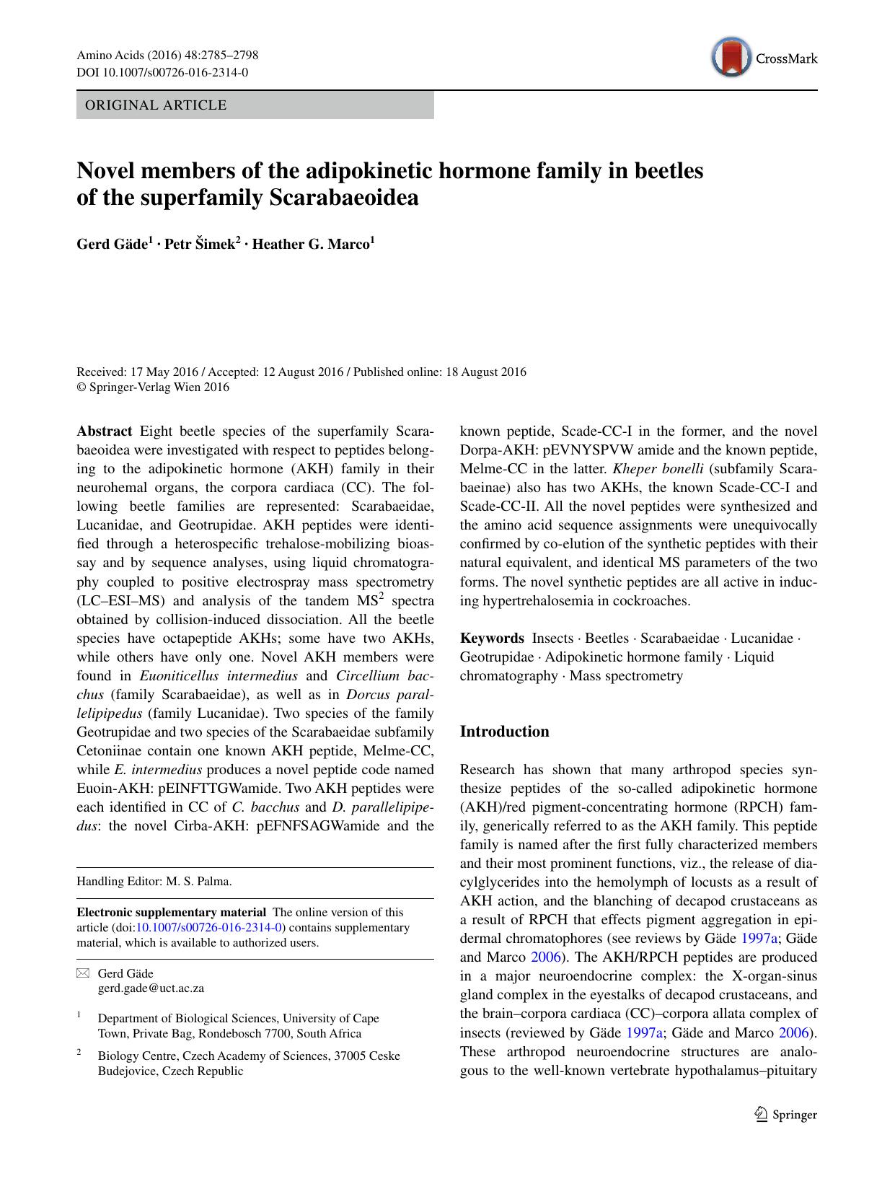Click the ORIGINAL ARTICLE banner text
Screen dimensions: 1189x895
coord(156,105)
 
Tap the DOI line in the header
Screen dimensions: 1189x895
coord(162,72)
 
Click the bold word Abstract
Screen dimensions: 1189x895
coord(104,431)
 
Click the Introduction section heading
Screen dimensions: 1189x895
coord(504,732)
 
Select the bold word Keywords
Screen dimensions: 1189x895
coord(492,639)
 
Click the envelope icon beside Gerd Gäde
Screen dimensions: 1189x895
coord(82,974)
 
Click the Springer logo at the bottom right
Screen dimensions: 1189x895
coord(785,1115)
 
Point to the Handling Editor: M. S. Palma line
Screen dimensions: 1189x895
coord(154,881)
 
